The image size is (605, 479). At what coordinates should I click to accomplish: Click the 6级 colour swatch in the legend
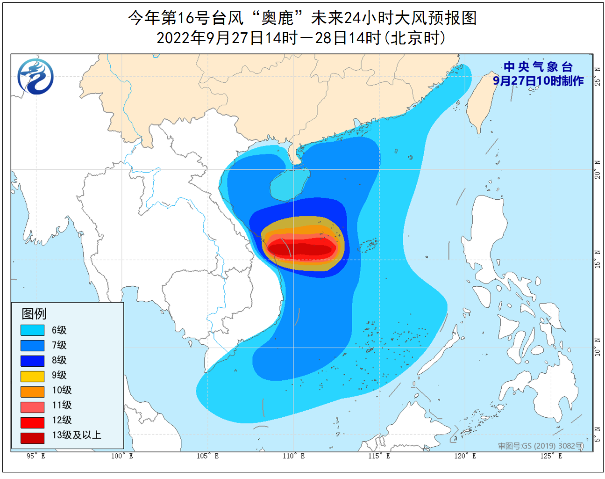click(x=32, y=330)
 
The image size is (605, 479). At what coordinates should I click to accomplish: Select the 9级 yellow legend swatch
click(x=32, y=376)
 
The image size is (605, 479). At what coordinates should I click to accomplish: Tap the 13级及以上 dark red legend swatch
click(x=32, y=438)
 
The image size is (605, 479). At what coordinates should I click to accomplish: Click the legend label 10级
click(x=62, y=390)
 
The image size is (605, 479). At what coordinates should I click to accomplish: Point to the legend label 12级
click(x=62, y=420)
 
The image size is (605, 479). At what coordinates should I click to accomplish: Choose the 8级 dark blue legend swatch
click(x=32, y=361)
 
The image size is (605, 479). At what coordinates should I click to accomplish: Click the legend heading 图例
click(x=34, y=313)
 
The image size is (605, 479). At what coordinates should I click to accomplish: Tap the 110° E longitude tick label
click(x=293, y=456)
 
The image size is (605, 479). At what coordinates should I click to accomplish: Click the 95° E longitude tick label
click(x=36, y=456)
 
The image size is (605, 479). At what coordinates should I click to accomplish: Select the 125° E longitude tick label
click(x=551, y=456)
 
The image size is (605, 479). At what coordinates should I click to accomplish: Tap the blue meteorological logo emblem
click(x=36, y=76)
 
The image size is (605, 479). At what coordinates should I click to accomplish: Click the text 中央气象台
click(x=538, y=67)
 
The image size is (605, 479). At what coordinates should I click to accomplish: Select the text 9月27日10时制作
click(x=538, y=81)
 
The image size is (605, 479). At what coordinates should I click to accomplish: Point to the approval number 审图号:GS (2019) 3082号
click(x=540, y=446)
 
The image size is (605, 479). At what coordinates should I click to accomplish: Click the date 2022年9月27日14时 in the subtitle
click(x=227, y=38)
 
